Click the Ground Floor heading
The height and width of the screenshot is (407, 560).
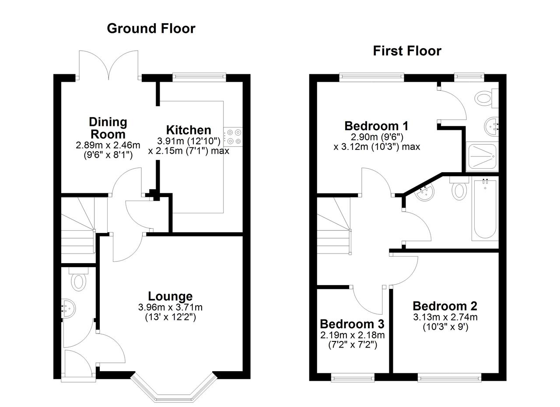151,28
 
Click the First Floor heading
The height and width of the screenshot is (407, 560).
407,51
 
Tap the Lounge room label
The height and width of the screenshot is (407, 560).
170,296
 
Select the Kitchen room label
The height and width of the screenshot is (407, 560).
189,130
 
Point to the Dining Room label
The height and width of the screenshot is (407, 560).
108,128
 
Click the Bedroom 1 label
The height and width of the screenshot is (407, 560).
376,126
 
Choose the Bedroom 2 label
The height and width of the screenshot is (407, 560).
445,306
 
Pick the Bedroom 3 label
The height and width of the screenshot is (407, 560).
352,324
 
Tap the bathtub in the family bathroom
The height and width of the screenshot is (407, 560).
485,209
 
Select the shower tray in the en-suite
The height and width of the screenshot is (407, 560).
482,157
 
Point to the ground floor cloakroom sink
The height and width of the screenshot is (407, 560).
68,308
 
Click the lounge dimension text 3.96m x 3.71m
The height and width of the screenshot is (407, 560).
170,307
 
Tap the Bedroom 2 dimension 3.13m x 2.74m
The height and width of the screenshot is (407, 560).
445,317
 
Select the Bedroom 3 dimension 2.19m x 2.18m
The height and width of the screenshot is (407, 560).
352,335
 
